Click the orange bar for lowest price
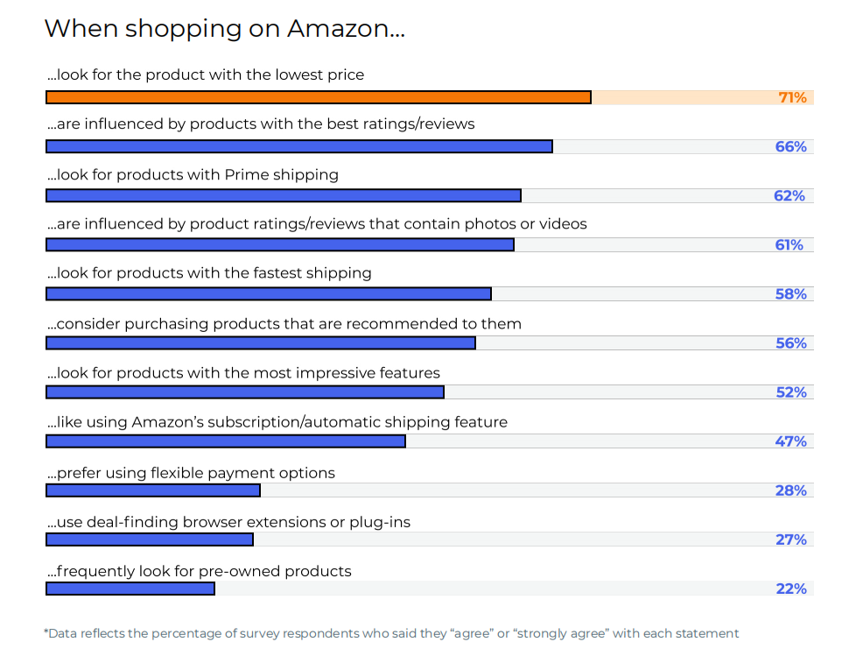pyautogui.click(x=318, y=97)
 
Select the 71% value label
pyautogui.click(x=792, y=97)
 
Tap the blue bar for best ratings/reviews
pyautogui.click(x=298, y=146)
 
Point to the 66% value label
pyautogui.click(x=790, y=146)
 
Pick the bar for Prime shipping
pyautogui.click(x=283, y=195)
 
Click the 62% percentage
pyautogui.click(x=789, y=195)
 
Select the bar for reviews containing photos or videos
pyautogui.click(x=279, y=244)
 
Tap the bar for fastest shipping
pyautogui.click(x=268, y=293)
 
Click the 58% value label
pyautogui.click(x=790, y=293)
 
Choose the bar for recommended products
pyautogui.click(x=260, y=342)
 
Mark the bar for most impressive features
pyautogui.click(x=244, y=391)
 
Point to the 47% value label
pyautogui.click(x=790, y=441)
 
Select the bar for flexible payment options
pyautogui.click(x=152, y=490)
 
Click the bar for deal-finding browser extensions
pyautogui.click(x=149, y=539)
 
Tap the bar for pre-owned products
pyautogui.click(x=130, y=588)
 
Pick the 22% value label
pyautogui.click(x=790, y=588)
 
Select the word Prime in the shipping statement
pyautogui.click(x=247, y=174)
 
